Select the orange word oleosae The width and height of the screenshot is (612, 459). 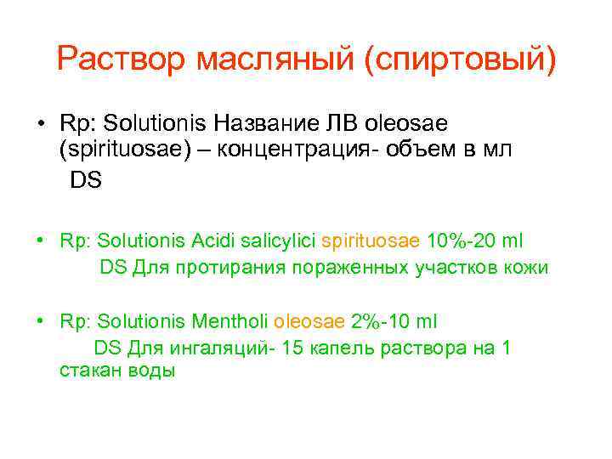pyautogui.click(x=310, y=321)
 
